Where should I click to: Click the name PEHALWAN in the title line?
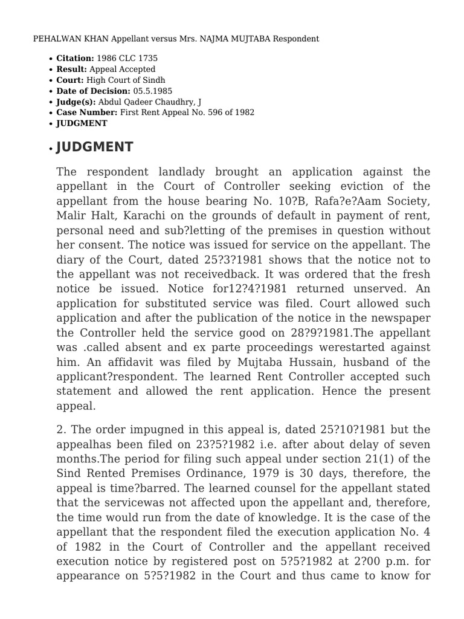[x=54, y=39]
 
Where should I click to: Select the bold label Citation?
[x=75, y=59]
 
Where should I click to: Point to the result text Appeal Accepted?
[x=122, y=70]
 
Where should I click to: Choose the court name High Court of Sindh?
[x=126, y=80]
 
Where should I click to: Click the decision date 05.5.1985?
[x=152, y=91]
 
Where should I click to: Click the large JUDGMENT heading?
[x=95, y=147]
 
